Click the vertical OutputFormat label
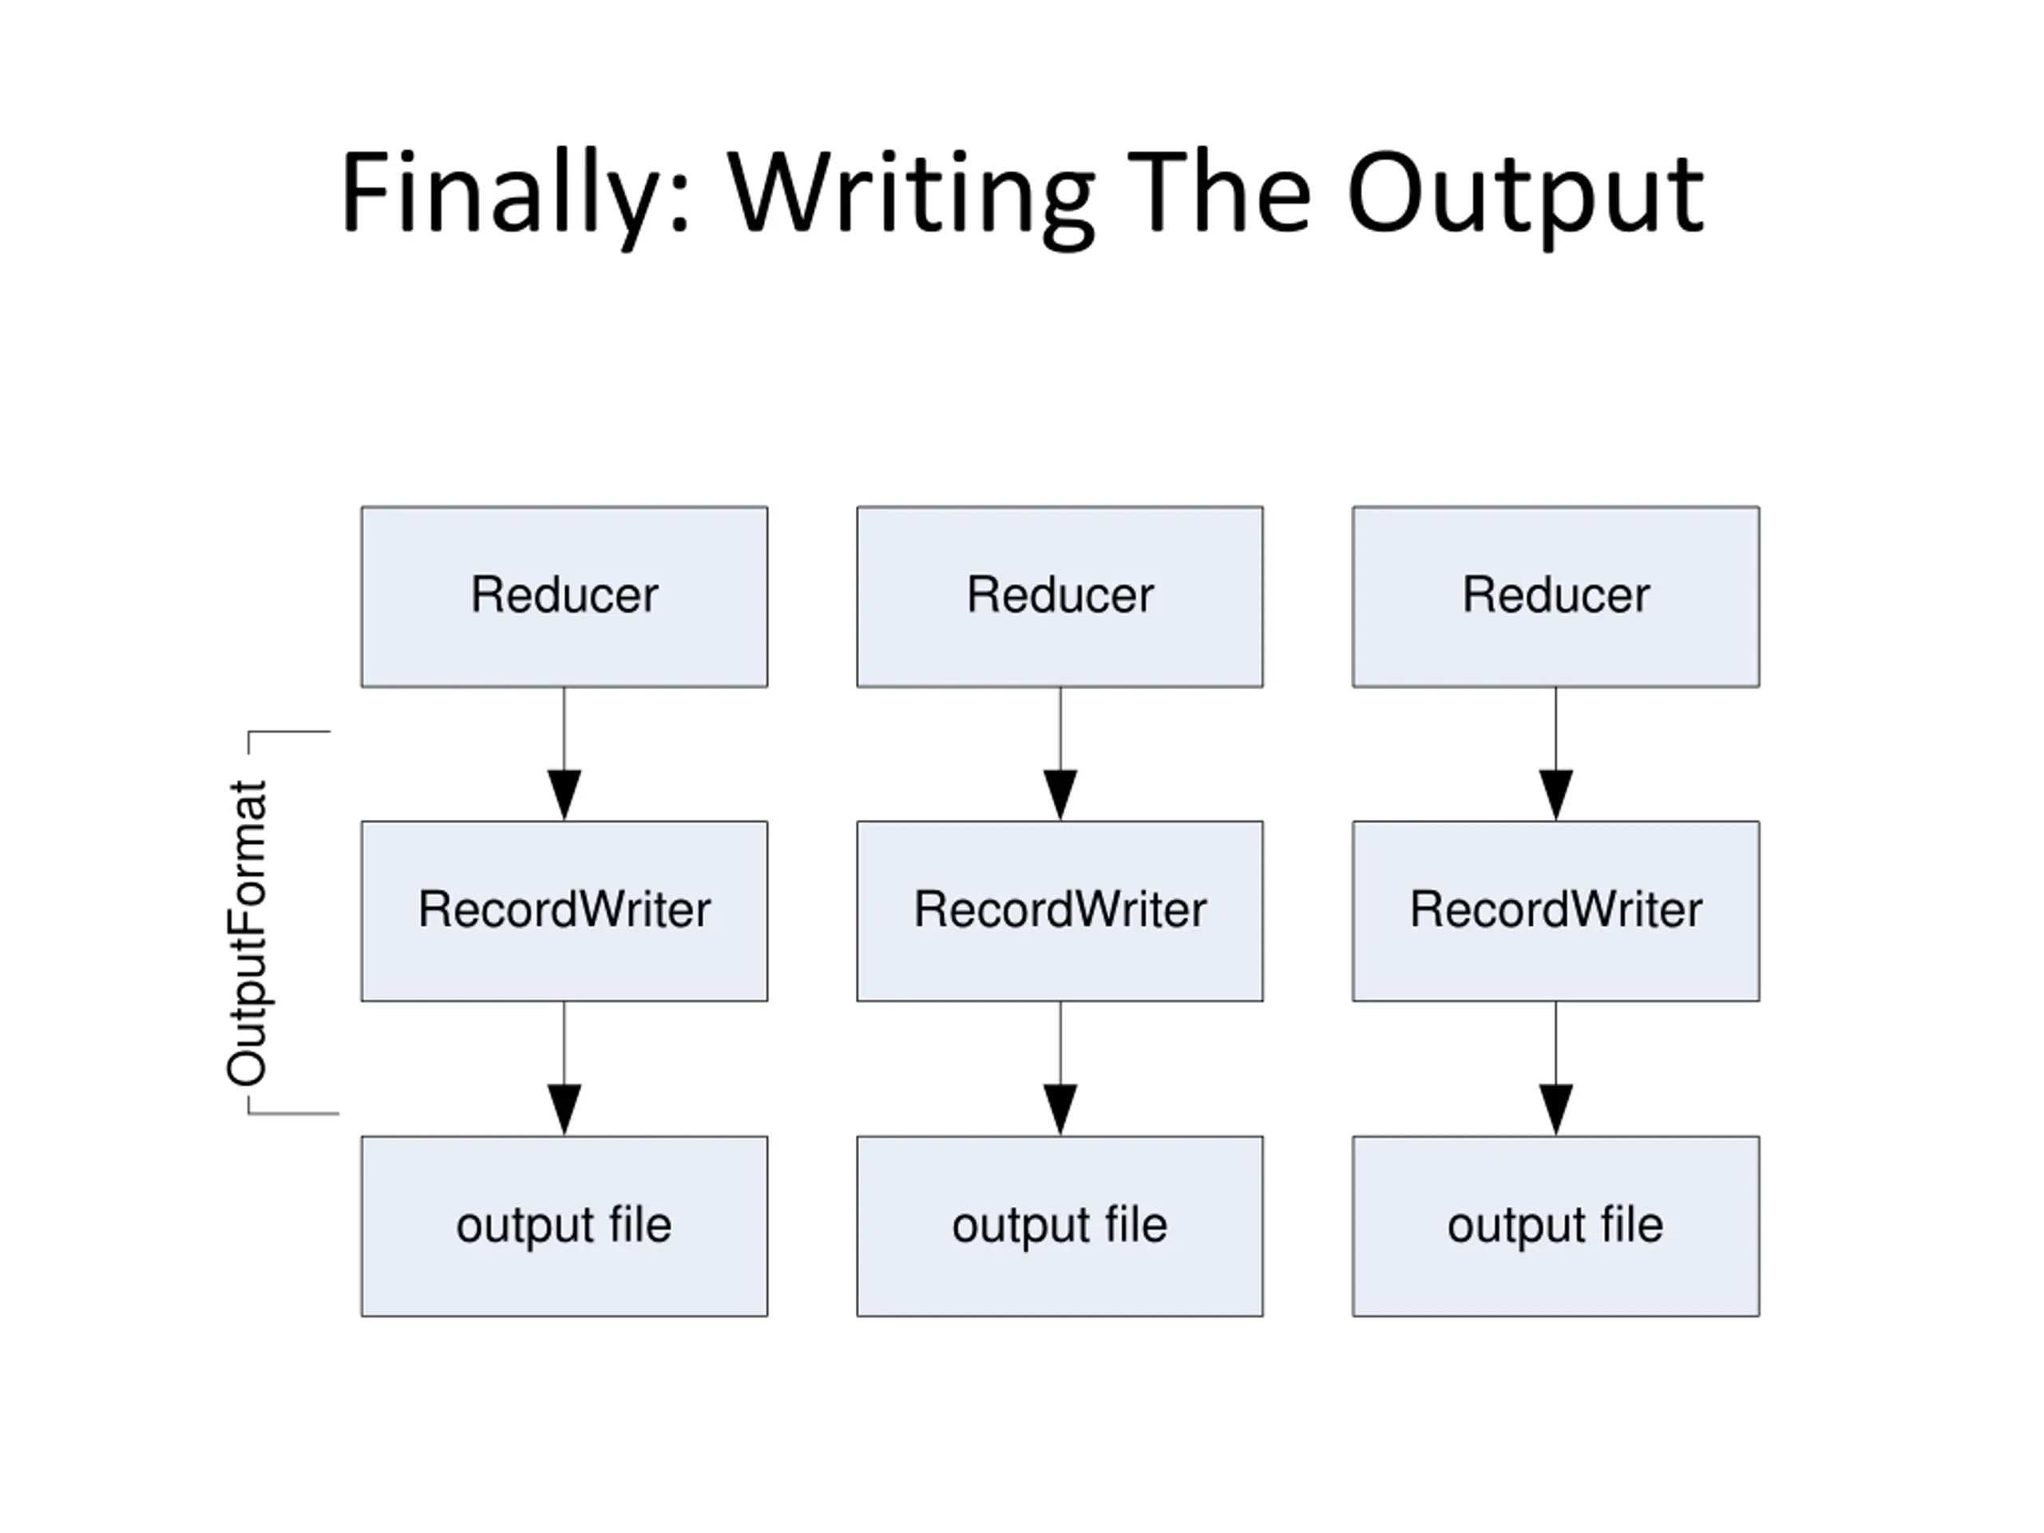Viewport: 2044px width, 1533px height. [248, 933]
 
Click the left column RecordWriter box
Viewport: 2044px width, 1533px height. [564, 911]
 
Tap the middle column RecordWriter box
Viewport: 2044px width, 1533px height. [1060, 911]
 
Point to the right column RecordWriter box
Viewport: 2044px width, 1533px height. [1556, 911]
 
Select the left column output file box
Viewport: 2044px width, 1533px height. [564, 1226]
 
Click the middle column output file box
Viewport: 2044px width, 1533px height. [1060, 1226]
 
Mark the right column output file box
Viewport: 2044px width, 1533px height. [1556, 1226]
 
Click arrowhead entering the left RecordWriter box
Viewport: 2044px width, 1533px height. [564, 795]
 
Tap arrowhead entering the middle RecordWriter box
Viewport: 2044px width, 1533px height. [1060, 795]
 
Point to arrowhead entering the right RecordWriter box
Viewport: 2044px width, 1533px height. [1556, 795]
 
